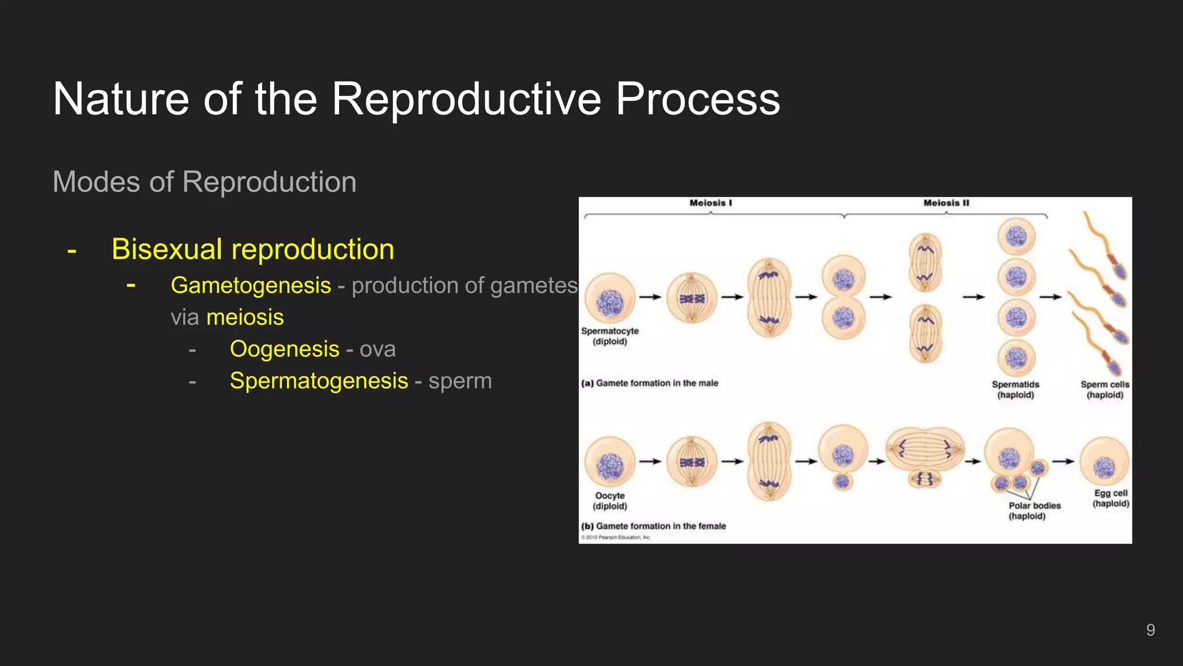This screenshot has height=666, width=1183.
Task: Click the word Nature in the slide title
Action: [121, 99]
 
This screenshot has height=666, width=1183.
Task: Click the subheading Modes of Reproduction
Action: [204, 182]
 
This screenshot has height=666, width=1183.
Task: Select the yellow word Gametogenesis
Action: [251, 286]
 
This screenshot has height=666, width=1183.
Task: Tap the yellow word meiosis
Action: [245, 317]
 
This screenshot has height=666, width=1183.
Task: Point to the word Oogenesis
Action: [284, 349]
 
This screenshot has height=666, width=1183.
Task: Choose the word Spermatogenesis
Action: [319, 381]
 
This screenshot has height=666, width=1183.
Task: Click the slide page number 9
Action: [1150, 630]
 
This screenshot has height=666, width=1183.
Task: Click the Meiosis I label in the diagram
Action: [710, 203]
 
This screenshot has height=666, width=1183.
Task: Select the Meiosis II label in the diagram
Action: [946, 203]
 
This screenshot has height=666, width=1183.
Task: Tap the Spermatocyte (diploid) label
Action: [610, 336]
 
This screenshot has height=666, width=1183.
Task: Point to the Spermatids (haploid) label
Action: [1015, 390]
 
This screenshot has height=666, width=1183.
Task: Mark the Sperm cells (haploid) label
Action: [1104, 390]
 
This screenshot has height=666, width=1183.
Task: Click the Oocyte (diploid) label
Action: [610, 501]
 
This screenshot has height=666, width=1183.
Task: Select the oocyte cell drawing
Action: [610, 462]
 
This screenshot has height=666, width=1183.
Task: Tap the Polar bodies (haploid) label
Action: [1034, 510]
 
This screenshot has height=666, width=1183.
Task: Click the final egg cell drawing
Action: [1104, 462]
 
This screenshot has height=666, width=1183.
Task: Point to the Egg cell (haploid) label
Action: [1110, 498]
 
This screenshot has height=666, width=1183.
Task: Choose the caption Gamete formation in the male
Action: [650, 383]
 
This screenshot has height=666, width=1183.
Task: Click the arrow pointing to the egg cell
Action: [1063, 461]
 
